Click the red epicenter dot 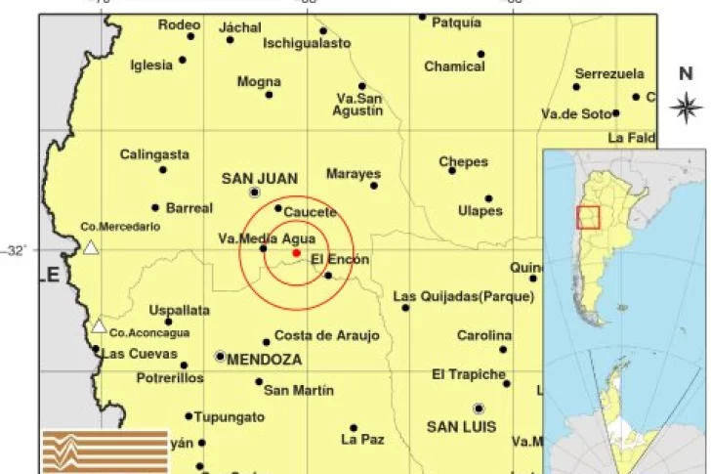click(x=296, y=253)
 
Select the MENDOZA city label click(x=264, y=360)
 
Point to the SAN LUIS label click(x=462, y=427)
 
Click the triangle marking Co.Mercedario click(x=90, y=247)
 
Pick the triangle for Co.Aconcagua click(x=99, y=326)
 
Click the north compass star click(x=688, y=105)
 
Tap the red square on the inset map click(x=588, y=217)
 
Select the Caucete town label click(x=310, y=212)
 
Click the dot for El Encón click(x=328, y=276)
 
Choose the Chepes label click(x=463, y=162)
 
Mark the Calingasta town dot click(x=163, y=170)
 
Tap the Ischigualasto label click(x=307, y=44)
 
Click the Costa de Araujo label click(x=326, y=335)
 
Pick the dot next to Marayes click(x=373, y=185)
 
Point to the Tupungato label click(x=229, y=417)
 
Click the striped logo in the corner click(x=105, y=451)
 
